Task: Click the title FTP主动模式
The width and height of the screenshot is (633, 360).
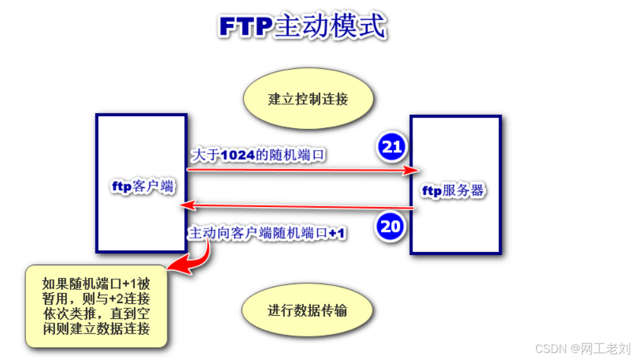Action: point(302,26)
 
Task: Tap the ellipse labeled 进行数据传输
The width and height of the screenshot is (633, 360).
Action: point(308,311)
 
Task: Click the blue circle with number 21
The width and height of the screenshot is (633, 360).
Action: point(392,147)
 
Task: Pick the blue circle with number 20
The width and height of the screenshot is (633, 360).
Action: point(391,226)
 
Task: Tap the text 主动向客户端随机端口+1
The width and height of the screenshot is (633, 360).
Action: point(267,233)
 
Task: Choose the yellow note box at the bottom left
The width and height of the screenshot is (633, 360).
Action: point(96,306)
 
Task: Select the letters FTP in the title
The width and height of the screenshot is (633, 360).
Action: point(246,26)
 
